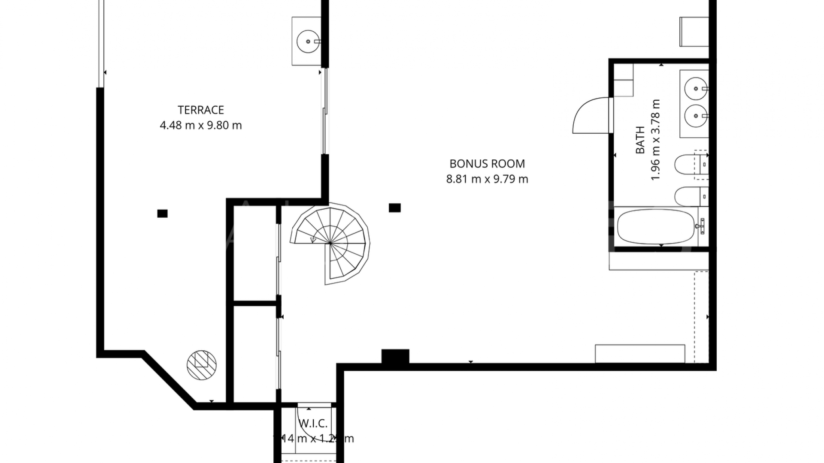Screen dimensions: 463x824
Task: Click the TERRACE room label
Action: tap(201, 110)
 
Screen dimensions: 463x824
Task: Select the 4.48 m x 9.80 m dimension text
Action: tap(201, 126)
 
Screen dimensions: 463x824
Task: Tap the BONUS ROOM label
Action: tap(487, 164)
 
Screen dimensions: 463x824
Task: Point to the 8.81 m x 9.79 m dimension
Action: tap(487, 179)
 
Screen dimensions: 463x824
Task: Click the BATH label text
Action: tap(640, 140)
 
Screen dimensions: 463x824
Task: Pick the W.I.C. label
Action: tap(313, 424)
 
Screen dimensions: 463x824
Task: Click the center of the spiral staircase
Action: tap(330, 244)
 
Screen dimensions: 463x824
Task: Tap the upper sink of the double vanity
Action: tap(695, 89)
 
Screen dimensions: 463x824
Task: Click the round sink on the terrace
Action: tap(308, 42)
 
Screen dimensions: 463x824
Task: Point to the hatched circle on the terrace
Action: tap(202, 365)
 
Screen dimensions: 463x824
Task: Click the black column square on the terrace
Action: tap(162, 213)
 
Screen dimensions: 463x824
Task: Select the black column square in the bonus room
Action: tap(394, 208)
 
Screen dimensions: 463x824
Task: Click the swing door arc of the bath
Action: tap(589, 115)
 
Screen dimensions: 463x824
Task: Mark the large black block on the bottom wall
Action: tap(395, 357)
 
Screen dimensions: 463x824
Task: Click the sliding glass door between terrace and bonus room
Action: tap(324, 111)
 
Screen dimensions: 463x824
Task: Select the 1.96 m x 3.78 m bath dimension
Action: tap(655, 140)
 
